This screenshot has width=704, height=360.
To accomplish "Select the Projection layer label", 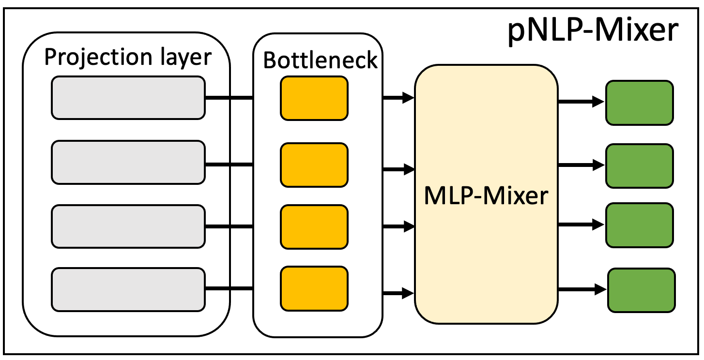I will point(128,57).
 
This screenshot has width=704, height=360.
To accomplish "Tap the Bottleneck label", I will point(320,60).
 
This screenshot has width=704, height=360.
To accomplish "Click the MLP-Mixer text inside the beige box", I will point(486,197).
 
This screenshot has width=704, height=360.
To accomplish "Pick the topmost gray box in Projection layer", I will point(128,98).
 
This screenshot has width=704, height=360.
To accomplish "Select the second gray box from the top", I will point(128,162).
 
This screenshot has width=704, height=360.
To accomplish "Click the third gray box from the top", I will point(128,226).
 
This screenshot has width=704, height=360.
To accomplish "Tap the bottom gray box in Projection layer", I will point(128,289).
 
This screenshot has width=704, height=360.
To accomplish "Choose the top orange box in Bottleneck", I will point(314,98).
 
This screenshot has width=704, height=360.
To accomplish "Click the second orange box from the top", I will point(314,165).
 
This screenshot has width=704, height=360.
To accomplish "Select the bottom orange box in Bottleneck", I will point(314,289).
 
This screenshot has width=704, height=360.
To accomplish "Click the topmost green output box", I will point(639,102).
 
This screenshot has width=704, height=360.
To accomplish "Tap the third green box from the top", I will point(639,225).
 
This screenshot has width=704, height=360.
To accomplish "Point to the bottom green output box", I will point(641,290).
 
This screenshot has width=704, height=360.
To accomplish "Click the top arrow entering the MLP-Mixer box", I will point(398,99).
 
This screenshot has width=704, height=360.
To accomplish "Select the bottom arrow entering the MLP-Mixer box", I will point(398,292).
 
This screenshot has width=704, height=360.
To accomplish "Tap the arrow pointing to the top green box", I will point(581,102).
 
